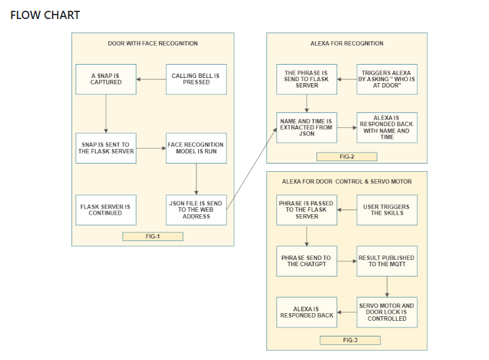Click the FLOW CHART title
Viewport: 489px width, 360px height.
45,15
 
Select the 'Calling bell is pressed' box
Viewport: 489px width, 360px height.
196,79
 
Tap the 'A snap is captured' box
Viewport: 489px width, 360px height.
106,79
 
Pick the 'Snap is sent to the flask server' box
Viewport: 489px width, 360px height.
106,148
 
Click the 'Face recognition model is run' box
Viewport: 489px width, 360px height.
196,148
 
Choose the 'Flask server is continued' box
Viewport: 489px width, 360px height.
106,210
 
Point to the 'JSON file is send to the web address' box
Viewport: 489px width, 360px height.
196,210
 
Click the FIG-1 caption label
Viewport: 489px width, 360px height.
153,236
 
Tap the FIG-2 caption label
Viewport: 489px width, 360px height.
346,157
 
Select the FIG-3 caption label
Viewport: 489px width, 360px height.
350,340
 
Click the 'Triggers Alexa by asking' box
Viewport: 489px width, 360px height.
387,79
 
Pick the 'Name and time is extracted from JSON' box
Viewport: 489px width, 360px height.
307,127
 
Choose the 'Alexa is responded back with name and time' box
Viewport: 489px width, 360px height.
387,127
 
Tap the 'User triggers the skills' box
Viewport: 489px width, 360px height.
387,210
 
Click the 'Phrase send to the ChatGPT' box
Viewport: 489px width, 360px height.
307,261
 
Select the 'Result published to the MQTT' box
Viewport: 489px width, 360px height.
387,261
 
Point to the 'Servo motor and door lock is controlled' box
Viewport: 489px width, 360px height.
387,312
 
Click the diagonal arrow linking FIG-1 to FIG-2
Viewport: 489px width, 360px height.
251,169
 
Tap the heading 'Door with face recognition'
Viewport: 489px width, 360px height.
153,43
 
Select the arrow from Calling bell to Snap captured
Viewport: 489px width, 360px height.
151,79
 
